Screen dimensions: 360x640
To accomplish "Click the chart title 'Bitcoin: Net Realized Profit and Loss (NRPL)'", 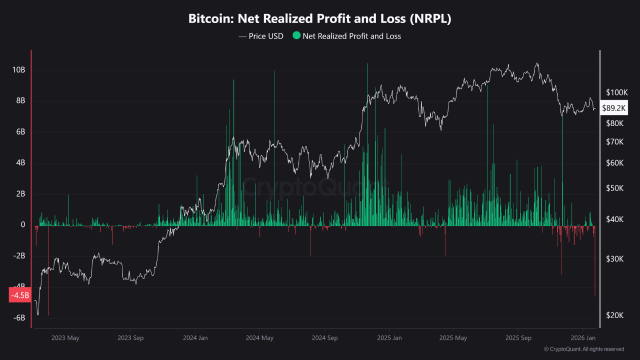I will tap(320, 19).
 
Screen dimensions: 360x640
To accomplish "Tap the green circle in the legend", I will tap(296, 35).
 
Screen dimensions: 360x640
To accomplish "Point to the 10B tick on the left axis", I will tap(18, 70).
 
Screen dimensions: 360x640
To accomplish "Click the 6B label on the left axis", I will tap(19, 132).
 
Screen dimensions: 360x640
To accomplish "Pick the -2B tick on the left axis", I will tap(18, 256).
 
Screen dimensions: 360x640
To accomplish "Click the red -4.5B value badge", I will tap(20, 295).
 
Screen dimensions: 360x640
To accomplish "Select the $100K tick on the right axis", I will tap(616, 92).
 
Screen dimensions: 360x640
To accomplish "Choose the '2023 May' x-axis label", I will tap(65, 338).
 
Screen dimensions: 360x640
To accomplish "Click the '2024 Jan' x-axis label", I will tap(195, 338).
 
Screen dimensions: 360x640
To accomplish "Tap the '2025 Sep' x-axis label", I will tap(518, 338).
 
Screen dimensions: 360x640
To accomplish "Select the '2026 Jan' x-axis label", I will tap(583, 338).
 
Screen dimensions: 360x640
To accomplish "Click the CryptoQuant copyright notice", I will tap(583, 349).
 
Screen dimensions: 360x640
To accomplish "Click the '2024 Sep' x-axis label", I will tap(324, 338).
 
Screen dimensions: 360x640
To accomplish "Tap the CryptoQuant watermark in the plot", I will tap(315, 188).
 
